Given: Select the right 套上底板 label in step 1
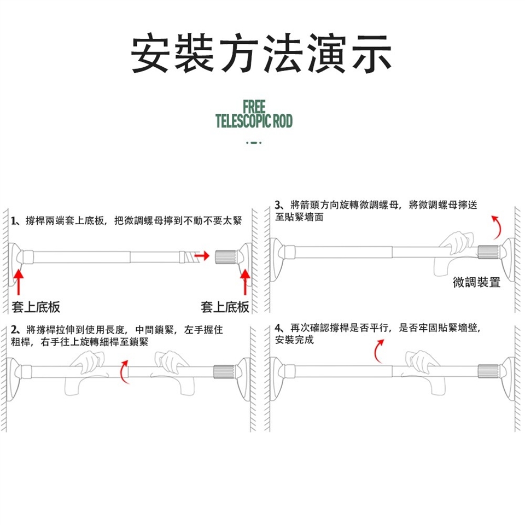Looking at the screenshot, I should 225,307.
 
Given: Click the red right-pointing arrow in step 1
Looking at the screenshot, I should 202,255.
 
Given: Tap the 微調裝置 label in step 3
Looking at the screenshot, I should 476,283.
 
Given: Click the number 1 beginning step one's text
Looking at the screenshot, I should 13,221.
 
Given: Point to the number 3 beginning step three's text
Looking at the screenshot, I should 278,206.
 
